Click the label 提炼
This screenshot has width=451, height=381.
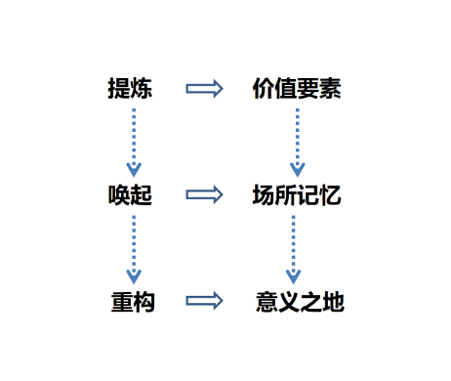click(x=130, y=89)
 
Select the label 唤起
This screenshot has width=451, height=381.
click(x=130, y=195)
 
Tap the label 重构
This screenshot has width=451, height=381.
click(x=133, y=302)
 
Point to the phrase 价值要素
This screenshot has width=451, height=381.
click(x=296, y=89)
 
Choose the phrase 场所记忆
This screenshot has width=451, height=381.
click(x=296, y=195)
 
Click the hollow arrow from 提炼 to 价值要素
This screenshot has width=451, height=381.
click(x=204, y=89)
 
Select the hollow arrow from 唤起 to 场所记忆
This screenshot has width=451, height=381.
click(x=204, y=195)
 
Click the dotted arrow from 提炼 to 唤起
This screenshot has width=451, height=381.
click(x=134, y=141)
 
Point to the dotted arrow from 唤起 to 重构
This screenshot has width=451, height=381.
click(x=134, y=248)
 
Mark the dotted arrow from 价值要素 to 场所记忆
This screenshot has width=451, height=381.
click(x=297, y=141)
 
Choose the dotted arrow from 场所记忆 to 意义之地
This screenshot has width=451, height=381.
click(x=293, y=248)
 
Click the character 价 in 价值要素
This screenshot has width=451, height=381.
click(x=263, y=89)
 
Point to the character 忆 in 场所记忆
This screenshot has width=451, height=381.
click(x=330, y=195)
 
